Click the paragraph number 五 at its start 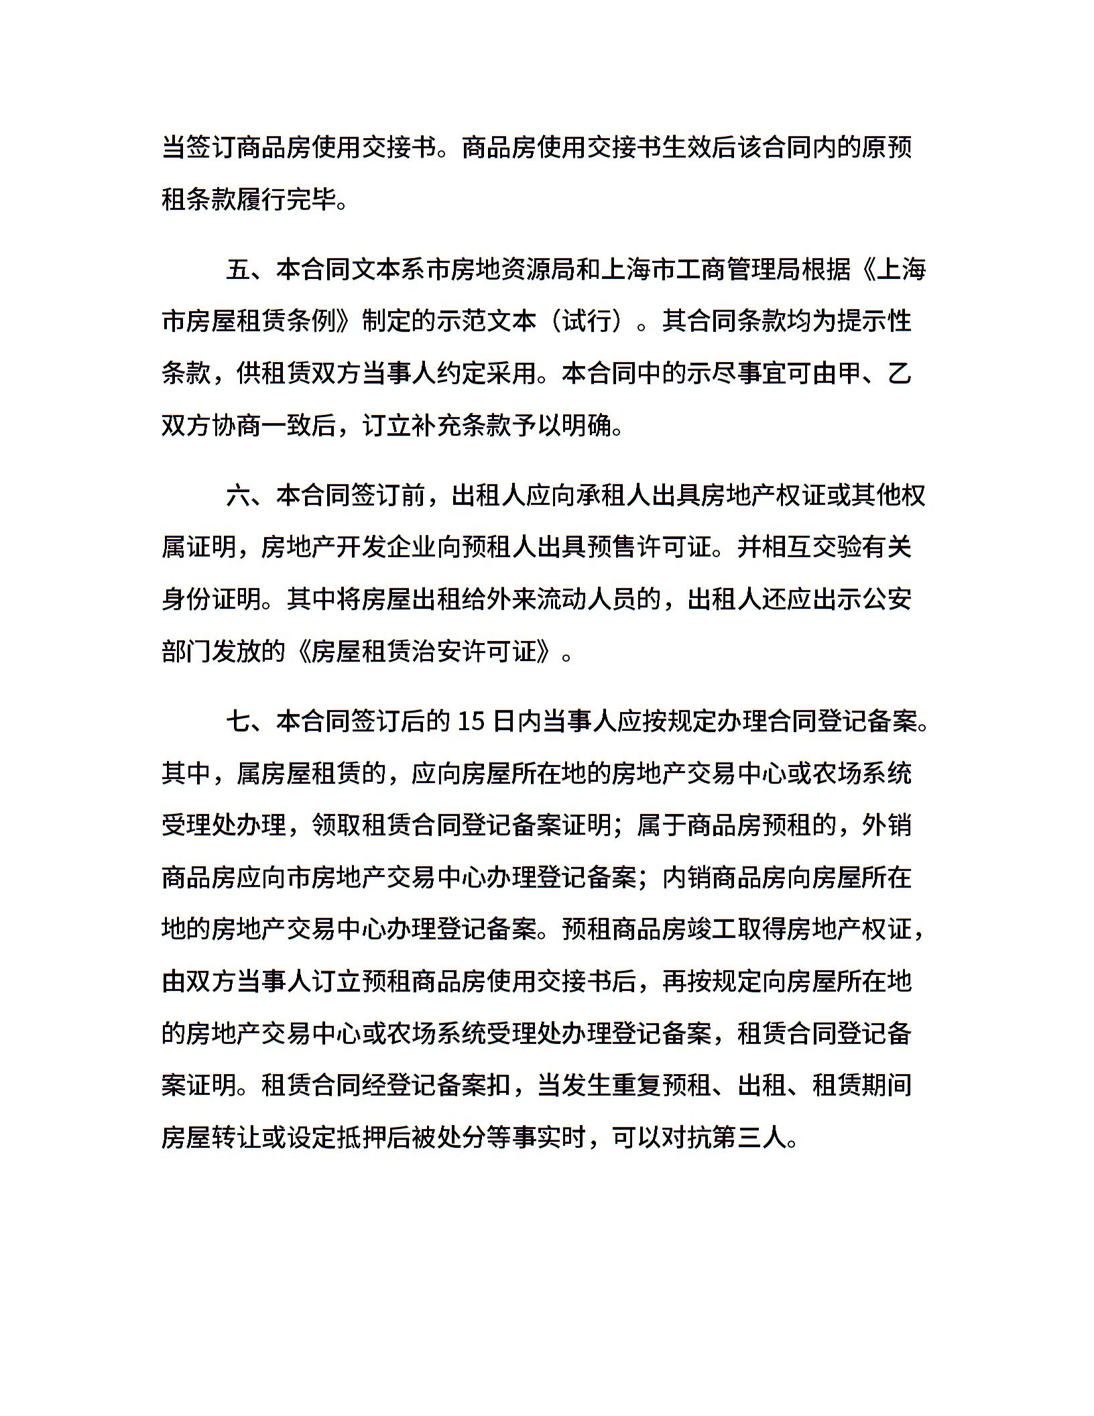[239, 270]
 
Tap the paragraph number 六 [239, 495]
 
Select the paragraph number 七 [239, 722]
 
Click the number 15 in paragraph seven [471, 722]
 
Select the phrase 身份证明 [212, 599]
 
